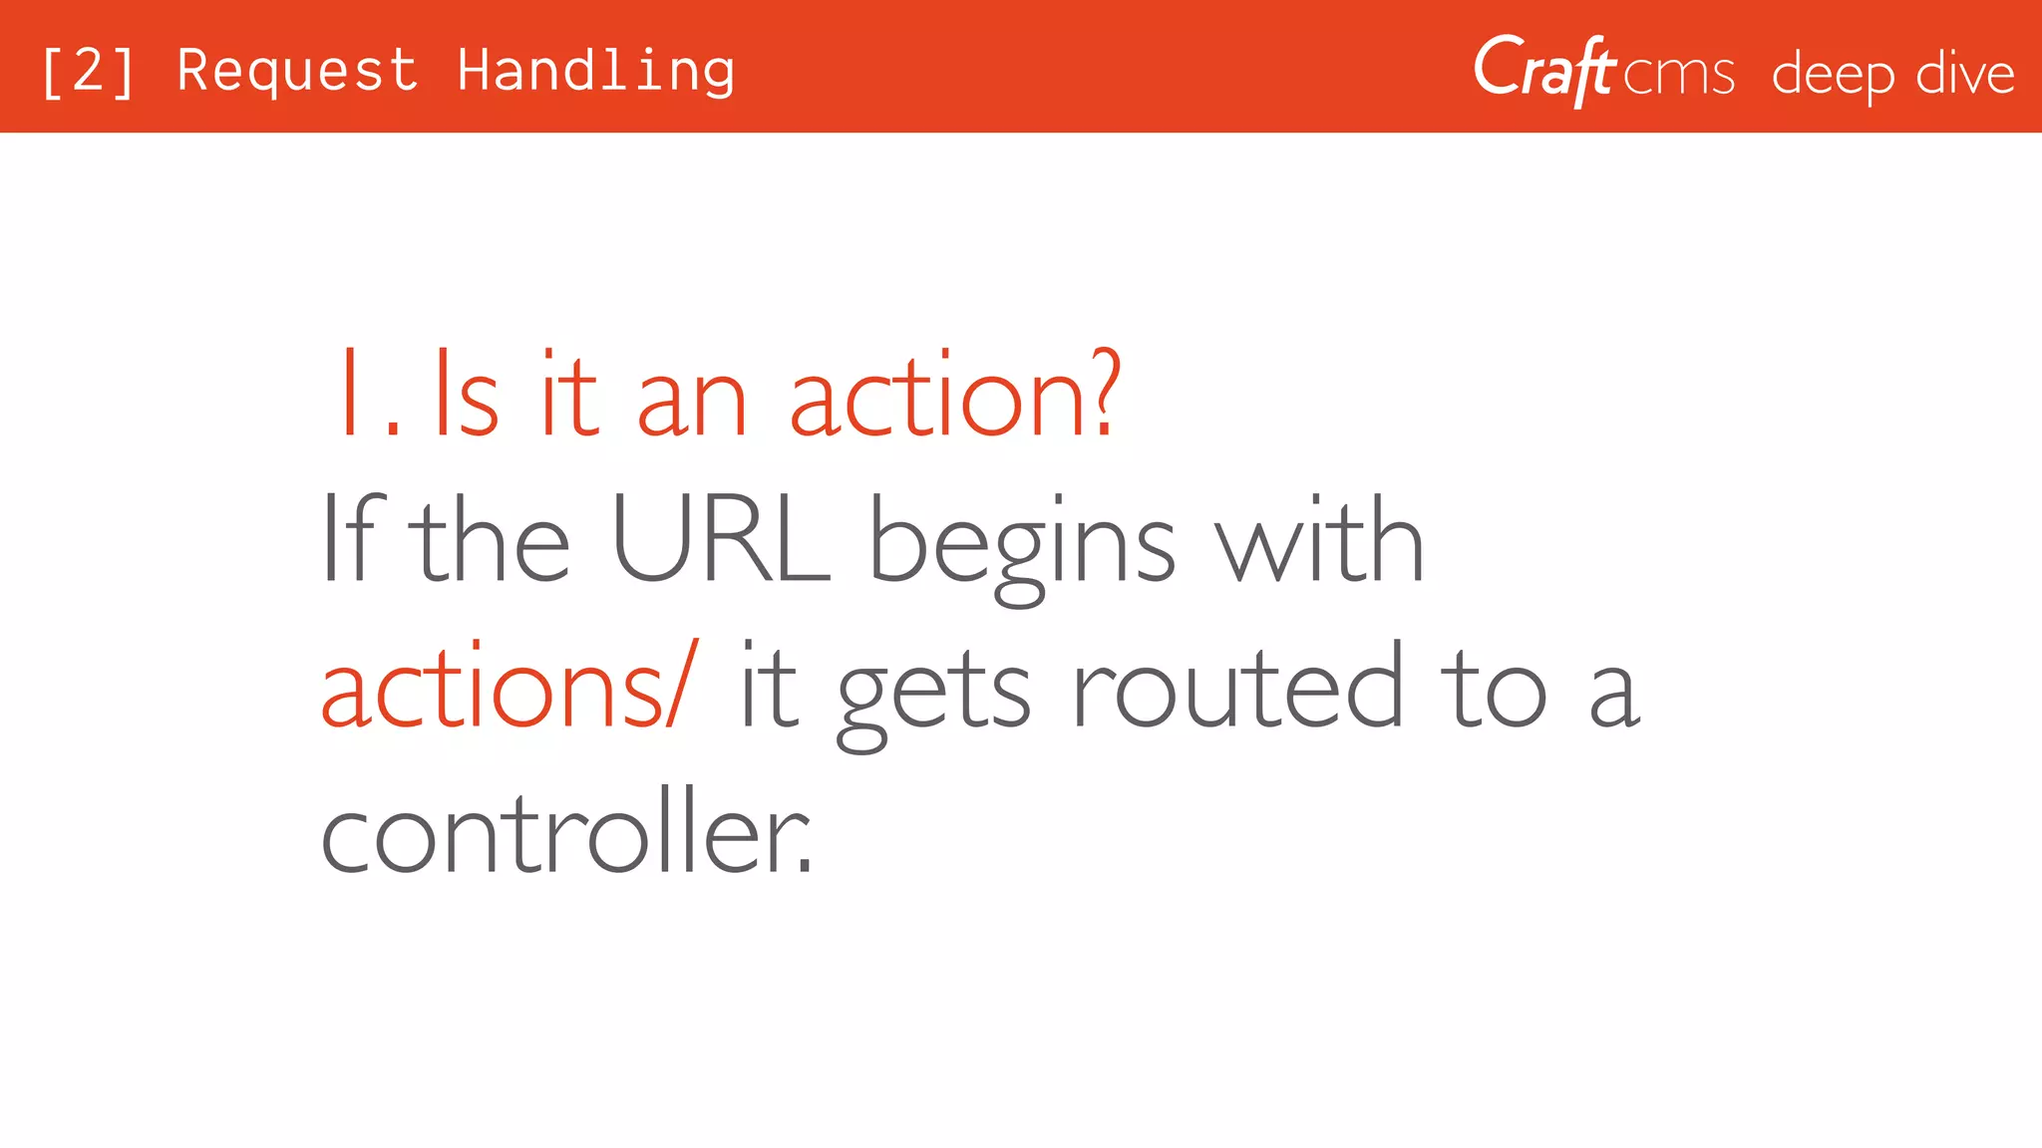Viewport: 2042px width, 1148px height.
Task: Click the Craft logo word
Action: click(1543, 70)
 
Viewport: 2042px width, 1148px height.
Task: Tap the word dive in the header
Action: click(1965, 74)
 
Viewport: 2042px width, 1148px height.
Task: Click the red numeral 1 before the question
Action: click(351, 395)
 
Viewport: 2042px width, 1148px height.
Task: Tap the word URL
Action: click(720, 540)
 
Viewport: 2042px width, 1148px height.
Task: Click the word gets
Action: click(933, 694)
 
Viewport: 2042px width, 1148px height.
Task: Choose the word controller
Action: click(566, 833)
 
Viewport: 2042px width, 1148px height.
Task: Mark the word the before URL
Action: click(494, 540)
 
